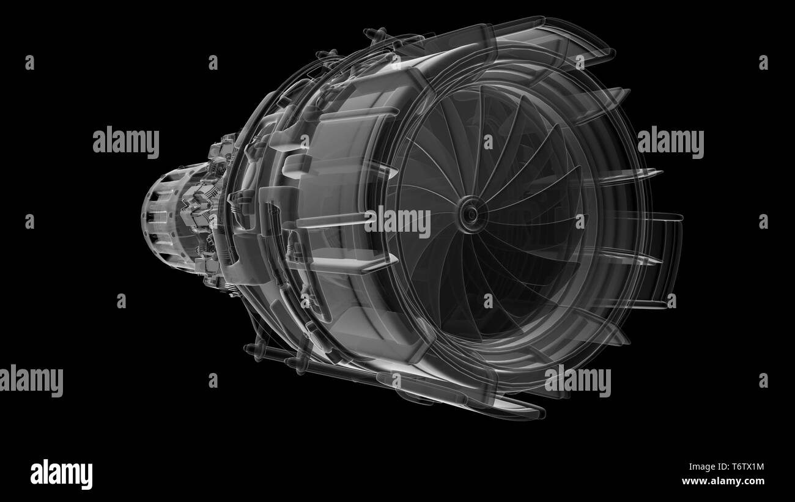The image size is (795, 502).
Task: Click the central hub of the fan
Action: (x=470, y=213)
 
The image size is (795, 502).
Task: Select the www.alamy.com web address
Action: (x=723, y=481)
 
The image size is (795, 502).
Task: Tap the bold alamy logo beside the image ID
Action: (x=61, y=474)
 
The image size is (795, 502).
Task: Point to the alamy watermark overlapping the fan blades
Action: (x=398, y=221)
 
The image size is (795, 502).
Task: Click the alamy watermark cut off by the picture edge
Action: (x=31, y=380)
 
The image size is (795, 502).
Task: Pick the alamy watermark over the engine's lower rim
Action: (x=577, y=380)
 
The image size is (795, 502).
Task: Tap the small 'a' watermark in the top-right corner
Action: (x=763, y=62)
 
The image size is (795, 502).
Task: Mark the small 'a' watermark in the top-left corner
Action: (x=29, y=62)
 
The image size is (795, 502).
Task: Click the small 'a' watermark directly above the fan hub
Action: (x=488, y=142)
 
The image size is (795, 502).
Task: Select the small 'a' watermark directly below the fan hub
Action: (x=488, y=301)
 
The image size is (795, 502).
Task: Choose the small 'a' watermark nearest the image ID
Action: (x=763, y=380)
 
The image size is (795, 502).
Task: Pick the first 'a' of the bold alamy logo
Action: (x=36, y=474)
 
